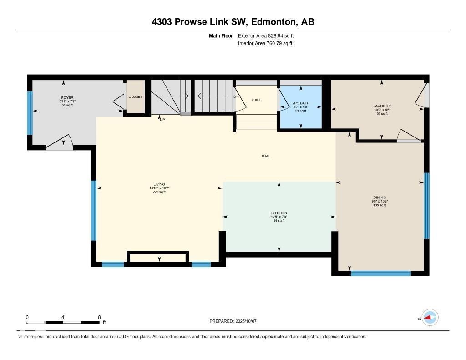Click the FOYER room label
67,97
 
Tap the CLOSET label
135,96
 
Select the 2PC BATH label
301,103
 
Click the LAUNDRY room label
382,106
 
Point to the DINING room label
380,198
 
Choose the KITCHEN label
279,213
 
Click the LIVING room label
159,184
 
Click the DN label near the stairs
236,96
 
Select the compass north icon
430,318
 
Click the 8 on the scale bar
99,317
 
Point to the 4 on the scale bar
63,317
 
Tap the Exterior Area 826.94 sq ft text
269,35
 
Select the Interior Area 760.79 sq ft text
265,44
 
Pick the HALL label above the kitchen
266,156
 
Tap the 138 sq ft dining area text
380,205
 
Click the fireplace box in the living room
157,258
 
